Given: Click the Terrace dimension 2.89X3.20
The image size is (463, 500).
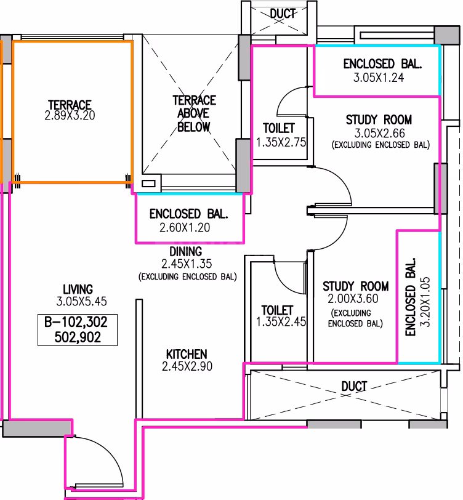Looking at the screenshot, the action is point(70,115).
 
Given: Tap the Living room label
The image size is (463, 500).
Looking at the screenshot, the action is point(78,289).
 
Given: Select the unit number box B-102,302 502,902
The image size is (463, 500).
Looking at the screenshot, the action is point(78,329).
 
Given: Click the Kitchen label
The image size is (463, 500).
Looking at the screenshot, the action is point(187,354).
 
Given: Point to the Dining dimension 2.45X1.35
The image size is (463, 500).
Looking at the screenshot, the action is point(187,264).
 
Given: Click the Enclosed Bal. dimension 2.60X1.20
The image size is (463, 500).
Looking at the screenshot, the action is point(185,228).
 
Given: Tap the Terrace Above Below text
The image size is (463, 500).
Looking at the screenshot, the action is point(194,113).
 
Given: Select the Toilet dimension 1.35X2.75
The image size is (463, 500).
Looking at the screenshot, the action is point(281,142).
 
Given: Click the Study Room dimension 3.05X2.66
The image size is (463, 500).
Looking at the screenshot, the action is point(379,133).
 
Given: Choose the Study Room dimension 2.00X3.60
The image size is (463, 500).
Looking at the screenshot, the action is point(353,299).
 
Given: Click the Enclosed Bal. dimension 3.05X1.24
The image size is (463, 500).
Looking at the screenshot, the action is point(379,78).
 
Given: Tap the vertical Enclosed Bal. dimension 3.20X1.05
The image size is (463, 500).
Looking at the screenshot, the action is point(425,302).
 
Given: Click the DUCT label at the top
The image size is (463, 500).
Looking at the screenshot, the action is point(283,14).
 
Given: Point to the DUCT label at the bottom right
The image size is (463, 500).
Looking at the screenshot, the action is point(354,387).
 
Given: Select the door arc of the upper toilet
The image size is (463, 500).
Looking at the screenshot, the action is point(286,95).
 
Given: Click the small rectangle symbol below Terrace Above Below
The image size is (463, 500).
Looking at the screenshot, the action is point(148,183).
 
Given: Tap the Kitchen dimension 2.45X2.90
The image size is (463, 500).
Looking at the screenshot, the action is point(187,366).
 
